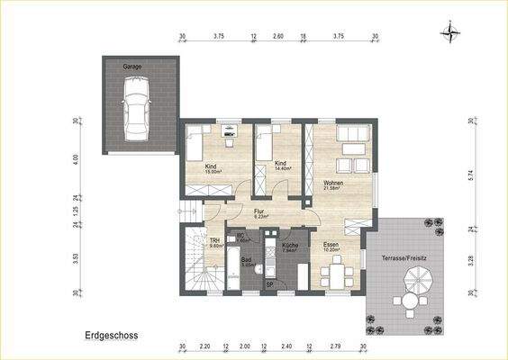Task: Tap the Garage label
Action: pyautogui.click(x=132, y=66)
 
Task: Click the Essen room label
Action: pyautogui.click(x=331, y=245)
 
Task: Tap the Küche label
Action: pyautogui.click(x=289, y=245)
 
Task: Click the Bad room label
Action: pyautogui.click(x=246, y=262)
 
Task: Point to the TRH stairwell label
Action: pyautogui.click(x=215, y=241)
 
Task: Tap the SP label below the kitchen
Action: pyautogui.click(x=268, y=284)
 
